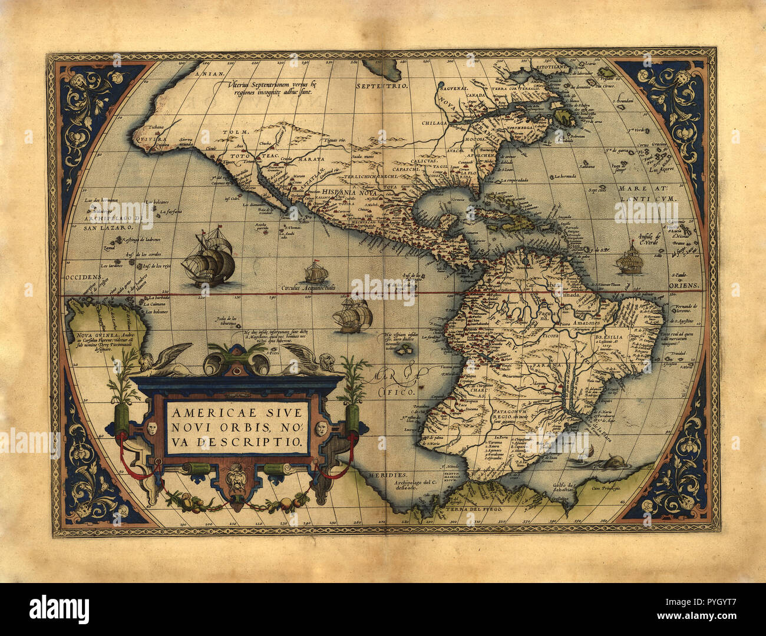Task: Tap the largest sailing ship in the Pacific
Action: click(x=209, y=261)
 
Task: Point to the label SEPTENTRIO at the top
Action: click(x=382, y=86)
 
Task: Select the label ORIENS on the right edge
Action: click(x=684, y=286)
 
